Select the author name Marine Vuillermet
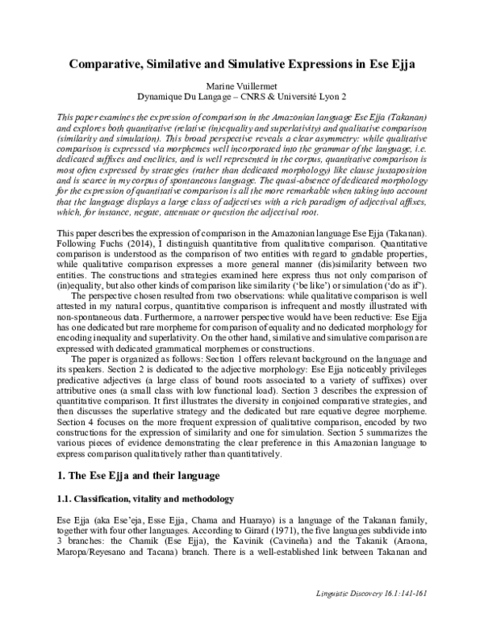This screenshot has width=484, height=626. [242, 85]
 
